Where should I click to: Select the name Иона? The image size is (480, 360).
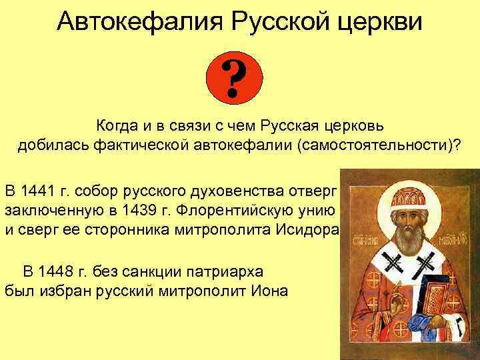tap(272, 291)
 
